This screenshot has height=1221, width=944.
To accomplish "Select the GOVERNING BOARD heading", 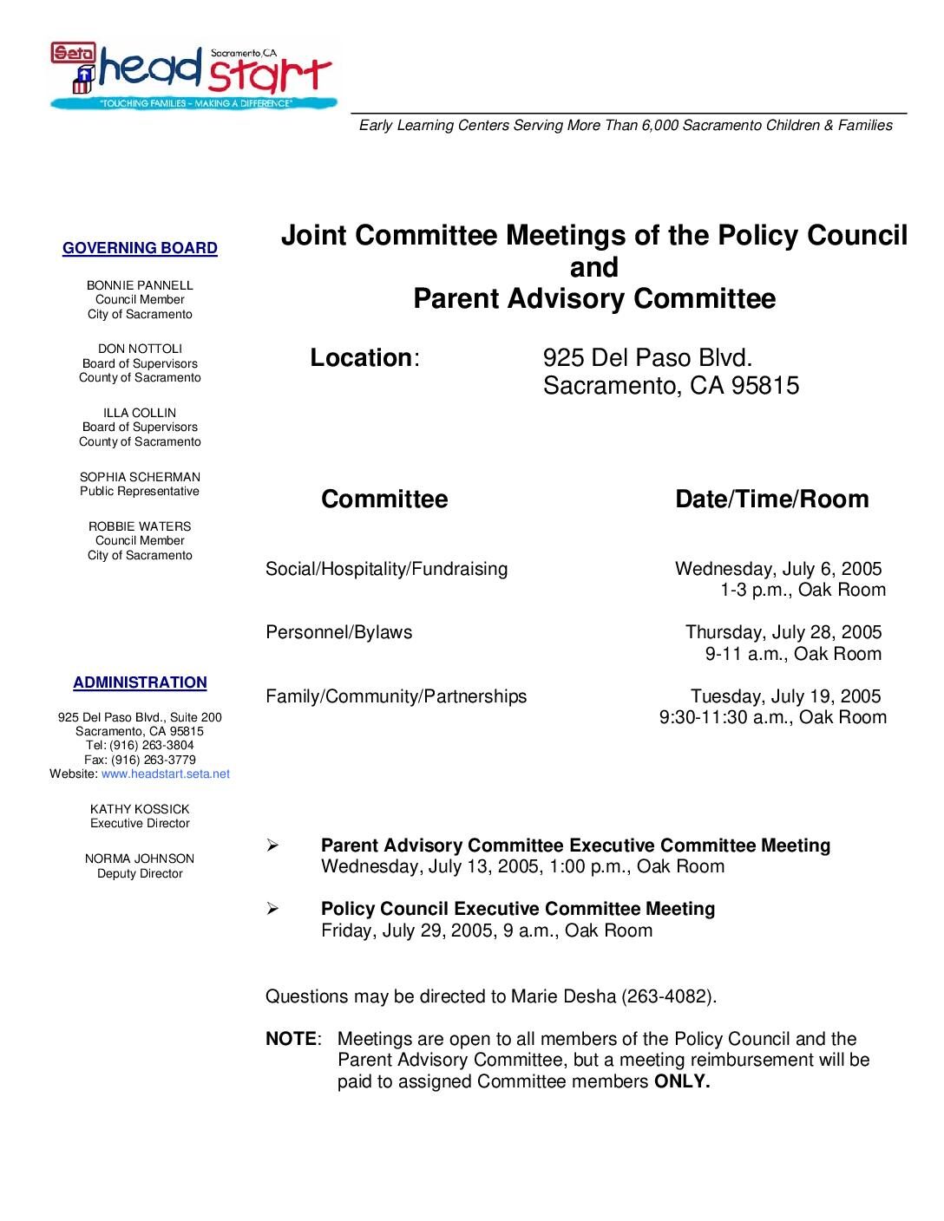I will (140, 249).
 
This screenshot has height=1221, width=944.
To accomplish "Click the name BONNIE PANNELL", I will (140, 285).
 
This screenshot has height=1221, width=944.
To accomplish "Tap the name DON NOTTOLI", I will (140, 349).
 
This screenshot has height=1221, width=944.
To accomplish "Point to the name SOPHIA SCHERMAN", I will (140, 477).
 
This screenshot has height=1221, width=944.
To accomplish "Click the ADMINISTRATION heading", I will (140, 683).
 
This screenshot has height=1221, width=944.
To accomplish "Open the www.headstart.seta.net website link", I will (166, 774).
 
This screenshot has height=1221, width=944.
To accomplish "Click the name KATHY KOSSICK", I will (140, 809).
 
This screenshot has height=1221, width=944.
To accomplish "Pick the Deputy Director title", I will (140, 873).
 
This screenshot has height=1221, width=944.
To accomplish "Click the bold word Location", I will (361, 358).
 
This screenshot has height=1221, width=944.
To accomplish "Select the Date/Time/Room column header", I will (771, 499).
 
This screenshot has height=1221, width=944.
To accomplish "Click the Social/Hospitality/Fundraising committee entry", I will (386, 570).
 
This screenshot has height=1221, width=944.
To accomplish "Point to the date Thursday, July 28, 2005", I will (783, 633).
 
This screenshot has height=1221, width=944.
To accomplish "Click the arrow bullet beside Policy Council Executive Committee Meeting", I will (272, 909).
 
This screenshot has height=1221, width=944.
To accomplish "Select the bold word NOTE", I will (291, 1039).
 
